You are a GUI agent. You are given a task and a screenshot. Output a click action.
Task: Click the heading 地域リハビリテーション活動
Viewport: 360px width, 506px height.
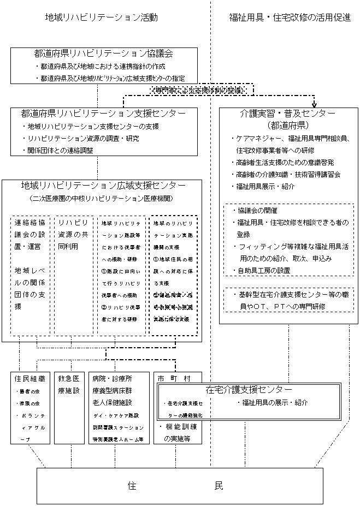pos(102,17)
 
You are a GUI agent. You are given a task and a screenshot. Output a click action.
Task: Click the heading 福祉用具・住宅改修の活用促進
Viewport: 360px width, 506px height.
pos(290,17)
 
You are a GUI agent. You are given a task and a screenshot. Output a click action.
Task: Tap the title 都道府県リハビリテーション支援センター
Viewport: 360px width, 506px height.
pos(103,114)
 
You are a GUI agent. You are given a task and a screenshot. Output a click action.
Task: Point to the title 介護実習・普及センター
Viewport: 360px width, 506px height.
pos(288,114)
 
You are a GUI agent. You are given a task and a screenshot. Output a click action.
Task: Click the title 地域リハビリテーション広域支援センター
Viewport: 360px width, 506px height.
pos(103,186)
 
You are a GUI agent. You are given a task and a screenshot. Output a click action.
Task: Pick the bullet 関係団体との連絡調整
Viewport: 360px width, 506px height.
pos(59,150)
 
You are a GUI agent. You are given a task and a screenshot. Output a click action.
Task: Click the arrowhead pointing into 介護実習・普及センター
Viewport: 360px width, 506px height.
pos(315,105)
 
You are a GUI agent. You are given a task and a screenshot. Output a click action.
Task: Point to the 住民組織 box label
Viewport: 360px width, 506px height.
pos(31,378)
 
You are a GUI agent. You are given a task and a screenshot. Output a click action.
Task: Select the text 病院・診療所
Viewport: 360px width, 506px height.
pos(112,378)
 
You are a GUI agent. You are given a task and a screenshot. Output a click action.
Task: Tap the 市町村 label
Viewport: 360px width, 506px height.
pos(174,378)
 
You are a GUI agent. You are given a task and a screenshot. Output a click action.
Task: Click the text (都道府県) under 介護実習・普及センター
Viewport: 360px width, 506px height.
pos(288,124)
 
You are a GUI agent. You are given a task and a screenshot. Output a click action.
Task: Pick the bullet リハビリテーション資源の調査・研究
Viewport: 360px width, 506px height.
pos(81,138)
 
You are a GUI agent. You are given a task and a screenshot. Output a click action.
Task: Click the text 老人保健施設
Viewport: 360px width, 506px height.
pos(112,402)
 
